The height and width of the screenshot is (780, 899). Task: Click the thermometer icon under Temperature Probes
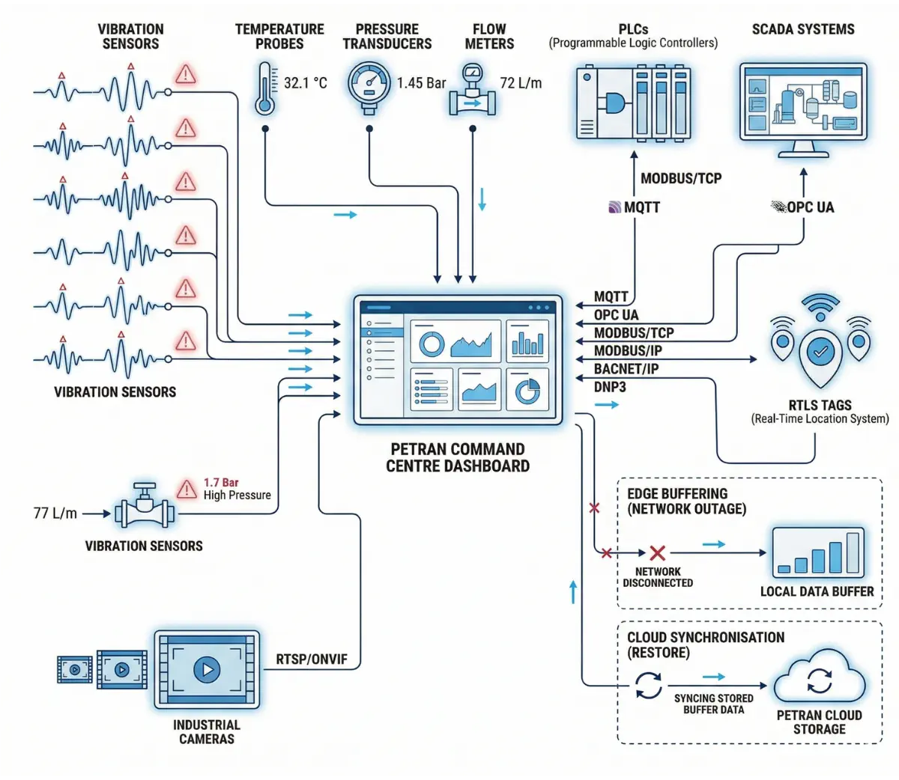[x=264, y=89]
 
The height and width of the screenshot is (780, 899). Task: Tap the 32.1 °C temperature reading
[x=306, y=83]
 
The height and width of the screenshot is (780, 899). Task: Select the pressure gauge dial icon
[x=369, y=85]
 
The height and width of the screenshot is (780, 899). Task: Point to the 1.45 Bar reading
[x=421, y=83]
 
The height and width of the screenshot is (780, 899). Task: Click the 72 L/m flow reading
[x=521, y=83]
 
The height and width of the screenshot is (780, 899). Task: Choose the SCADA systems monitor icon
[x=803, y=105]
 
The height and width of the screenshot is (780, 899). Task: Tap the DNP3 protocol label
[x=610, y=387]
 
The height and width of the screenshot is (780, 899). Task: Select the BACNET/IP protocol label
[x=627, y=369]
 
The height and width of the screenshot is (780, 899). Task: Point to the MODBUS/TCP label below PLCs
[x=681, y=178]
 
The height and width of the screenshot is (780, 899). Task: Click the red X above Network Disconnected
[x=657, y=553]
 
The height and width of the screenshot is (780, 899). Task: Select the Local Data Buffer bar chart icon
[x=818, y=553]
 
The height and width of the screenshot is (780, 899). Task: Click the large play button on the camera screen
[x=207, y=668]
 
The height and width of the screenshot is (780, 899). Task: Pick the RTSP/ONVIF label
[x=312, y=659]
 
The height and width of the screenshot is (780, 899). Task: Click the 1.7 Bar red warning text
[x=221, y=483]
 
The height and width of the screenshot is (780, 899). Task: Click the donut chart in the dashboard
[x=432, y=344]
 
